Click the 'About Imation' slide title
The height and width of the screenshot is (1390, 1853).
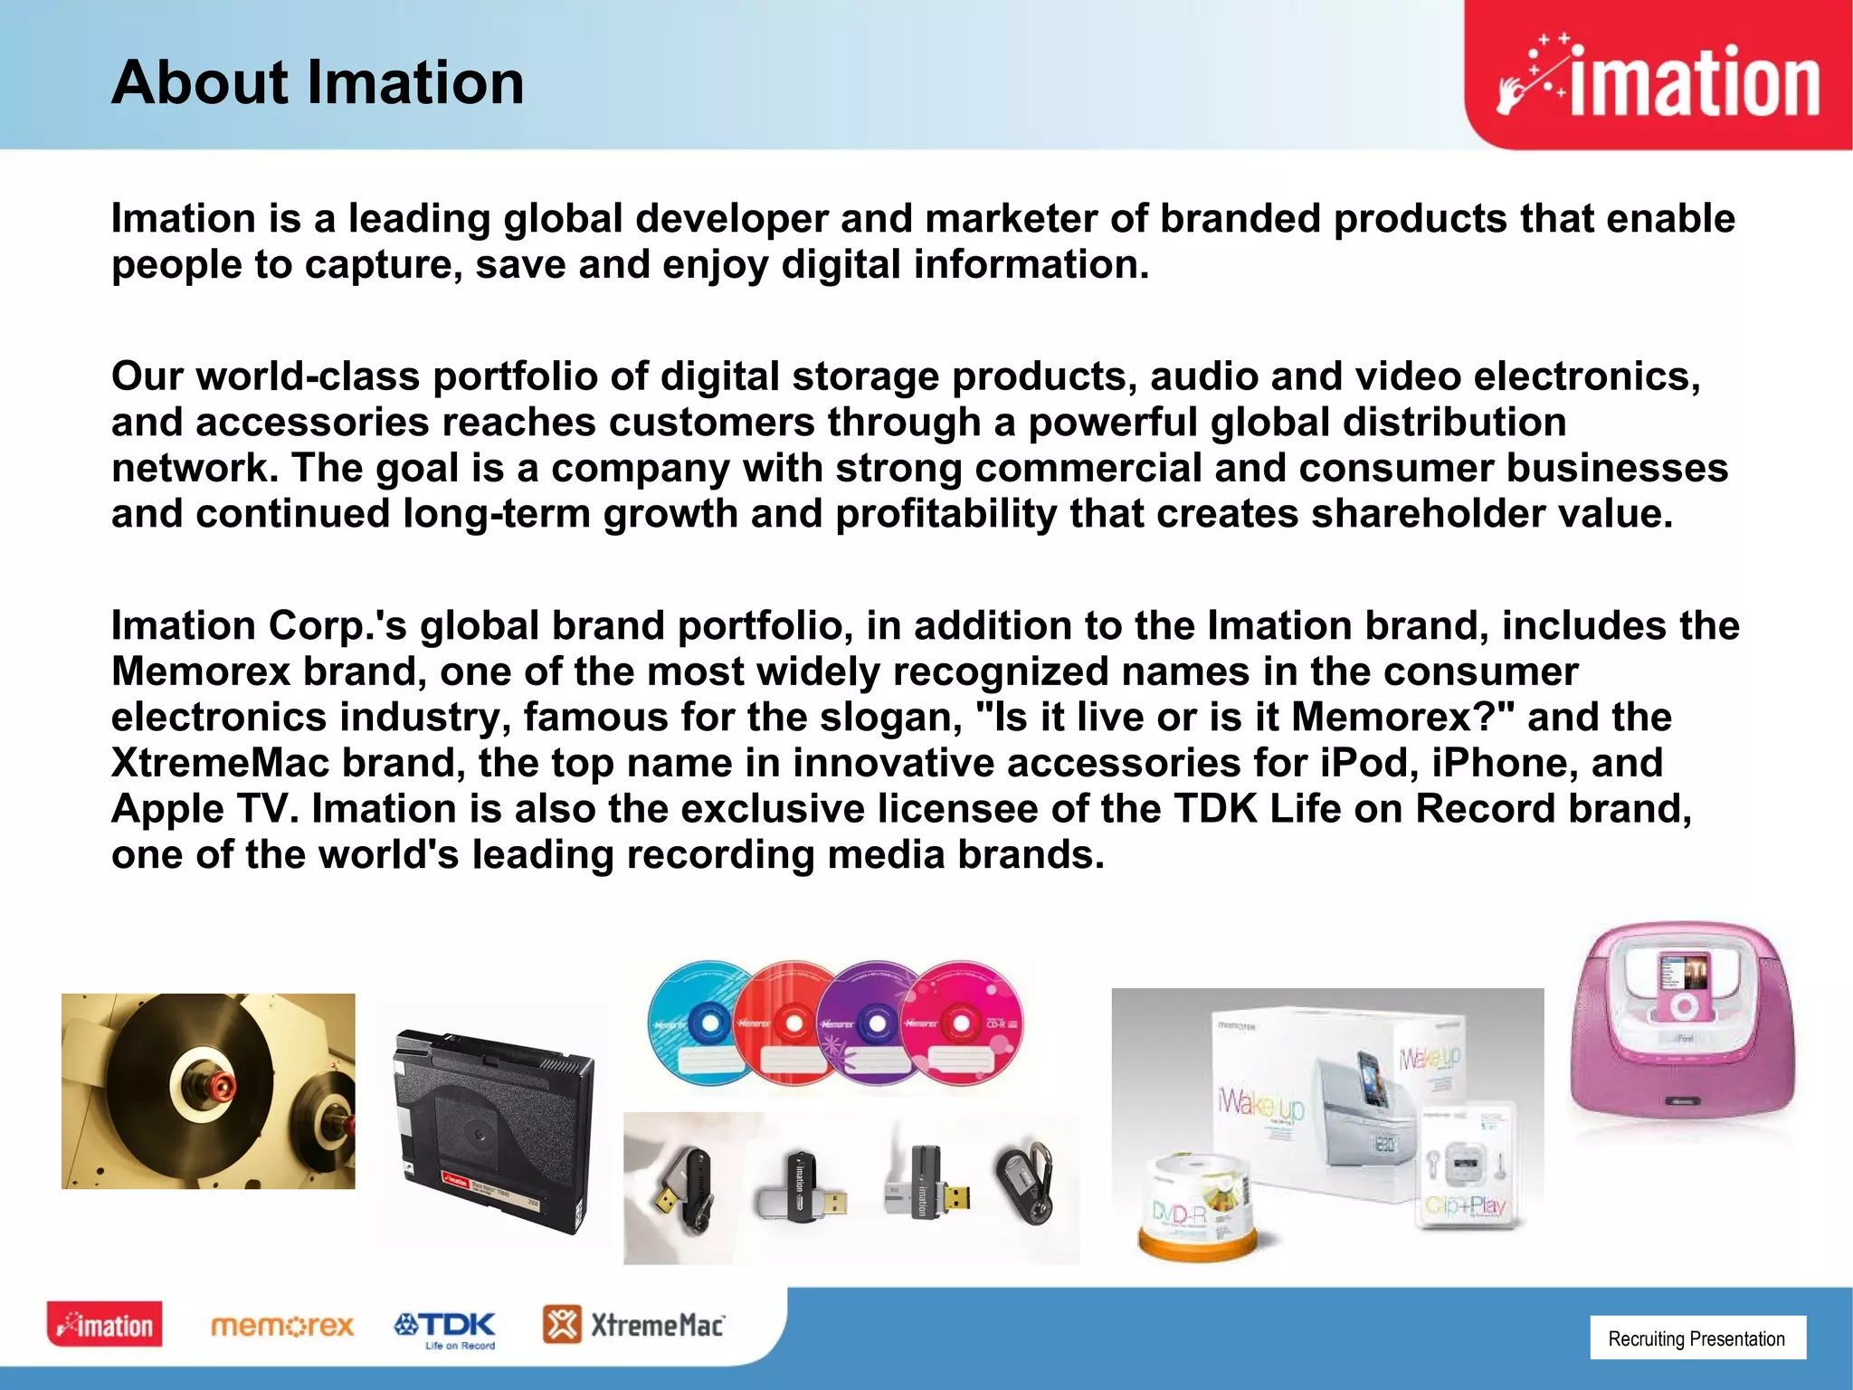point(318,83)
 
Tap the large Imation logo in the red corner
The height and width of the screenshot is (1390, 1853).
point(1658,81)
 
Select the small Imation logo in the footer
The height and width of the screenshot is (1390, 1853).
point(105,1325)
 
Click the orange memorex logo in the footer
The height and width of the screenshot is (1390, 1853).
point(282,1327)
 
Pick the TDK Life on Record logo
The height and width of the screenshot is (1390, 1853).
point(445,1328)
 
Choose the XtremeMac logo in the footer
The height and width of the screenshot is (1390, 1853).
point(634,1326)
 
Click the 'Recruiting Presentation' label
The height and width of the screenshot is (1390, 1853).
point(1696,1338)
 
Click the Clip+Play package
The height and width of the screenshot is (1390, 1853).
point(1466,1167)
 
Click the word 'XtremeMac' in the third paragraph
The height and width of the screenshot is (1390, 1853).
point(220,763)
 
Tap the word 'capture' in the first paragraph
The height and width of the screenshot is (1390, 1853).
point(379,265)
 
